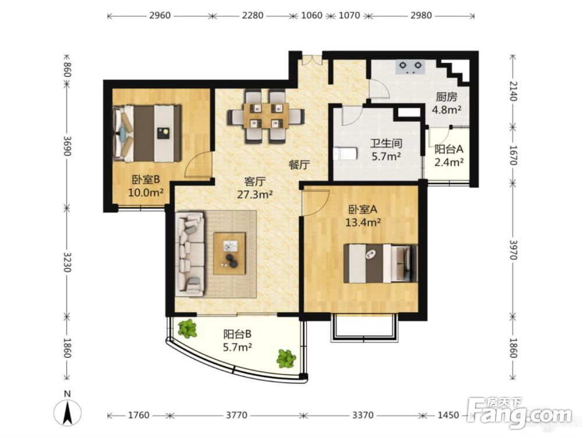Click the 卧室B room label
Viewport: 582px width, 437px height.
[146, 180]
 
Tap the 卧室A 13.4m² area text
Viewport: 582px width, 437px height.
[363, 222]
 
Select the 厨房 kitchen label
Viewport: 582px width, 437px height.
[446, 97]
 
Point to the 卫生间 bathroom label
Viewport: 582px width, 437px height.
[386, 143]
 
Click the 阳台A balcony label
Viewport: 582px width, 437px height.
[449, 149]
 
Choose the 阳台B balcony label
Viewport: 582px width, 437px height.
[237, 334]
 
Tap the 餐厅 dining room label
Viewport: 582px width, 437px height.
[299, 165]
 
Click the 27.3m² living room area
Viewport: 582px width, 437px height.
[255, 194]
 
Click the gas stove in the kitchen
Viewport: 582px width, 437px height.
[410, 67]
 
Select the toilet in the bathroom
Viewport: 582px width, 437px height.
[346, 153]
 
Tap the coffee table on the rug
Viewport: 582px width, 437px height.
[229, 253]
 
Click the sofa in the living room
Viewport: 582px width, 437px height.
[190, 254]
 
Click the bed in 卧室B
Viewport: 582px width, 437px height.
[147, 133]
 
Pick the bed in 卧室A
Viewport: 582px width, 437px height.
[381, 263]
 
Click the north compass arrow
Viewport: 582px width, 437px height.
[67, 413]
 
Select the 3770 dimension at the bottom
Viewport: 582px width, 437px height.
[236, 415]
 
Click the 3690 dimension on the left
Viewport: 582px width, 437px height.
[67, 146]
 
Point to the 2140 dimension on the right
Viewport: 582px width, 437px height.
[513, 91]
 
